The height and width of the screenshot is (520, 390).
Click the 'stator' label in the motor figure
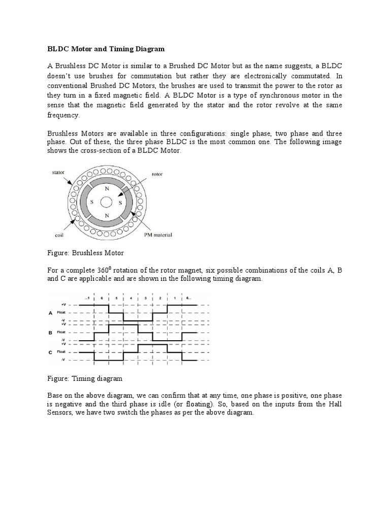(58, 173)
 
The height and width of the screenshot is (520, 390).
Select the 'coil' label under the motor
(58, 235)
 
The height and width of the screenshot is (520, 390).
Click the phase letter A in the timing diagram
(50, 313)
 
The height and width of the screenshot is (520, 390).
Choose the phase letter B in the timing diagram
(50, 333)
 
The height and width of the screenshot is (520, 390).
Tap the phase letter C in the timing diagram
(50, 351)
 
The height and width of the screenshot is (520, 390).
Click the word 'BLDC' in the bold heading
(59, 49)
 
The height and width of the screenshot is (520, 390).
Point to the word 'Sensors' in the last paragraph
(61, 413)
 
